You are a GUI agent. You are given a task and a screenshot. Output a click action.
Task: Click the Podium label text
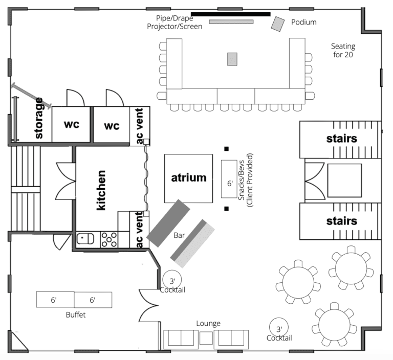[x=304, y=22]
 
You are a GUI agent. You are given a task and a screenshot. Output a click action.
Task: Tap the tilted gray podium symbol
[x=278, y=24]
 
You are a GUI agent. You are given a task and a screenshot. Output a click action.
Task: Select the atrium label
[x=189, y=177]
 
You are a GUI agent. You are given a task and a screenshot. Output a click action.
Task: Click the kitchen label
[x=101, y=190]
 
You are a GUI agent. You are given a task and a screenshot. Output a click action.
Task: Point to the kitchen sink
[x=85, y=239]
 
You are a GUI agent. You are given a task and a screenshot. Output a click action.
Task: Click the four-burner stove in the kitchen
[x=110, y=239]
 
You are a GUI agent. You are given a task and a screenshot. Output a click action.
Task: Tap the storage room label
[x=38, y=118]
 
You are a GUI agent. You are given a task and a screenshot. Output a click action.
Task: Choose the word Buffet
[x=76, y=315]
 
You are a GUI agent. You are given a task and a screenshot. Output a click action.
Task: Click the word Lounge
[x=208, y=323]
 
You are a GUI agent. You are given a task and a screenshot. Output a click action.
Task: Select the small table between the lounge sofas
[x=206, y=337]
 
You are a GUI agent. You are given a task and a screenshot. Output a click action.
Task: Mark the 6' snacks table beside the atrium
[x=229, y=179]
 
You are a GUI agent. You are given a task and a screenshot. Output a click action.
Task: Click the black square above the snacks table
[x=227, y=149]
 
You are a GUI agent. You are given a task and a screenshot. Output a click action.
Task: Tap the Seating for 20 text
[x=343, y=50]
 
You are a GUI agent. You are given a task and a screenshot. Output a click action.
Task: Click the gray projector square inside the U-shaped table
[x=232, y=59]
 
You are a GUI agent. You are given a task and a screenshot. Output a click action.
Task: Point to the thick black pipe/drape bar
[x=231, y=14]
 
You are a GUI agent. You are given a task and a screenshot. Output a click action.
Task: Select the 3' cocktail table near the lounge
[x=279, y=327]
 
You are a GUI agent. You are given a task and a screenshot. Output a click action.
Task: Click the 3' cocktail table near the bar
[x=172, y=280]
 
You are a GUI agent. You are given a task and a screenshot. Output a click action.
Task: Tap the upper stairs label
[x=342, y=139]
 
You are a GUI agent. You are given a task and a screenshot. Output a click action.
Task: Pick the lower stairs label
[x=342, y=221]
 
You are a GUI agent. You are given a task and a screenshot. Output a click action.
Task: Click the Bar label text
[x=179, y=235]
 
